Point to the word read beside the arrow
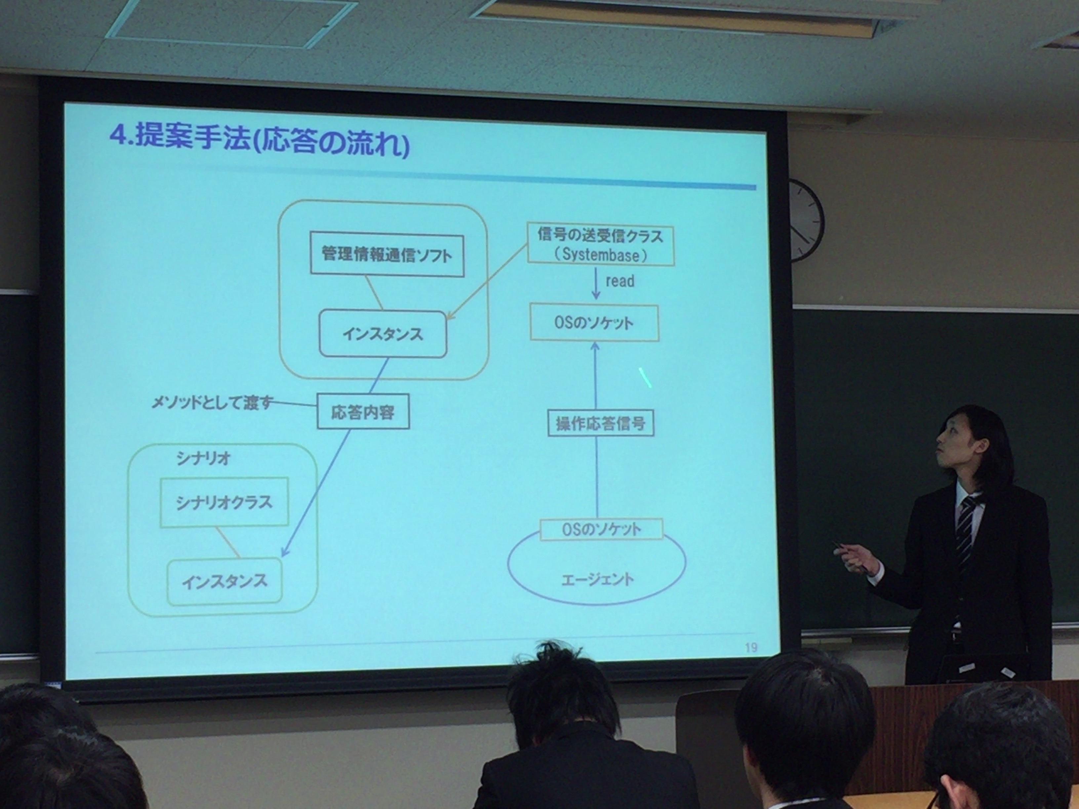619,281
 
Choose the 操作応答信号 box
600,423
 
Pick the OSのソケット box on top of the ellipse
601,529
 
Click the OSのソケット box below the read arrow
594,323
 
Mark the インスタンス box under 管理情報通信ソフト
383,334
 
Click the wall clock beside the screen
805,220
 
